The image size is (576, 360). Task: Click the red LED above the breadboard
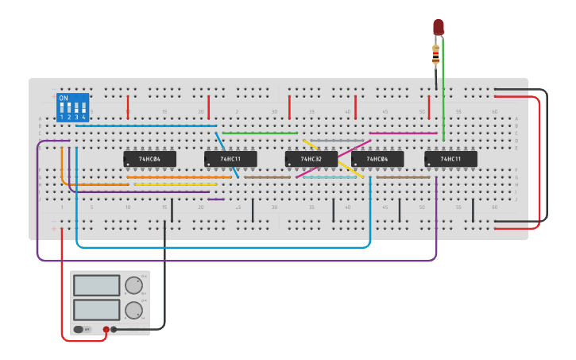coord(438,27)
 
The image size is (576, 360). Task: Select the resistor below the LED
coord(435,55)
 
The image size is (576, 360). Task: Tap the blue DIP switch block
coord(72,107)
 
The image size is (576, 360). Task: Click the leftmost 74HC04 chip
coord(149,159)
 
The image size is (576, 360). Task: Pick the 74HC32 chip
coord(311,159)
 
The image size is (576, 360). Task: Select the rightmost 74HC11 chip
coord(450,159)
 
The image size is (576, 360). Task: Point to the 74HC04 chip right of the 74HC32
coord(377,159)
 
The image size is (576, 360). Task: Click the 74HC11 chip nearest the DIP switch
coord(230,159)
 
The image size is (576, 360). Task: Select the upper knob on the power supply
coord(134,286)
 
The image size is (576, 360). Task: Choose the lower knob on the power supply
coord(134,310)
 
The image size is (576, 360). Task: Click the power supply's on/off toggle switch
coord(79,329)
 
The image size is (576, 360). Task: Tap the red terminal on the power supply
coord(106,329)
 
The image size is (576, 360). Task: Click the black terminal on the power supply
coord(114,329)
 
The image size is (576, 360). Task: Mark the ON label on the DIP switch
coord(64,98)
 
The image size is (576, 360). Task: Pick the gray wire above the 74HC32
coord(337,140)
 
